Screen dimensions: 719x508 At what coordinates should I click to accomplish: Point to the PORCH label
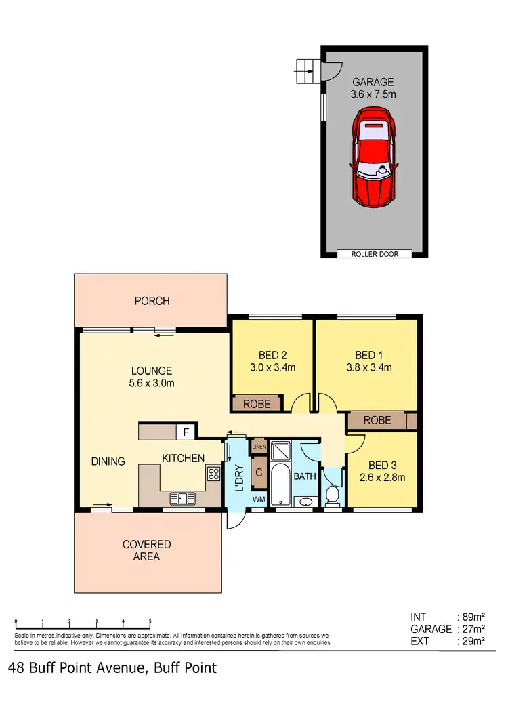(152, 301)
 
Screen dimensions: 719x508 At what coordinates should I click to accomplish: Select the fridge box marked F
(186, 431)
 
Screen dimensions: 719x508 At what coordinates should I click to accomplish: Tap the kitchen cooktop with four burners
(213, 473)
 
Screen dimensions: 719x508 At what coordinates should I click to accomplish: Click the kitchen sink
(183, 499)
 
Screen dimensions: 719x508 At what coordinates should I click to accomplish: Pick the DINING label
(108, 461)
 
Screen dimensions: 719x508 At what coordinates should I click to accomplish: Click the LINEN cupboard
(259, 447)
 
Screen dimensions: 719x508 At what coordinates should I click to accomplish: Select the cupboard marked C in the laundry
(259, 473)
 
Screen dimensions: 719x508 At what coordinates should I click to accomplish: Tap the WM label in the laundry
(259, 499)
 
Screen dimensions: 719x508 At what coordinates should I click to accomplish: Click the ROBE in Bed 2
(257, 404)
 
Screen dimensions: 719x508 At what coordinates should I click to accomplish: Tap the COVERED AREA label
(147, 550)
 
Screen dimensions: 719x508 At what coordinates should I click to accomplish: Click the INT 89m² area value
(472, 617)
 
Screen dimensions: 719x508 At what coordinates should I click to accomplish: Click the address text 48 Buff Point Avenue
(77, 668)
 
